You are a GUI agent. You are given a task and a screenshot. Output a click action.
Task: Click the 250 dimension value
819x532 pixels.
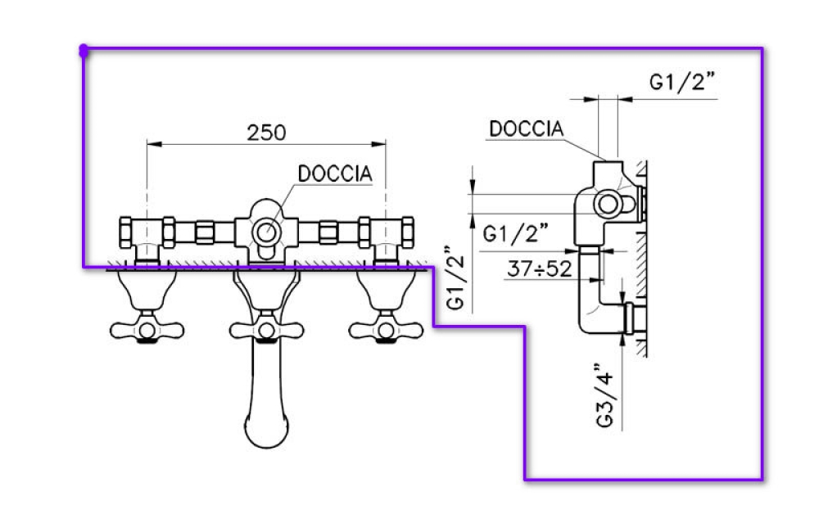coord(266,133)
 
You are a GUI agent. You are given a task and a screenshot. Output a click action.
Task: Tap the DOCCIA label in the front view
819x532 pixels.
coord(335,174)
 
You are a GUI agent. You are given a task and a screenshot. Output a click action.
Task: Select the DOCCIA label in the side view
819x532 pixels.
coord(527,128)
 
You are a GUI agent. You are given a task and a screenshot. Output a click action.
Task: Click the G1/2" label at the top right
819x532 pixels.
coord(681,82)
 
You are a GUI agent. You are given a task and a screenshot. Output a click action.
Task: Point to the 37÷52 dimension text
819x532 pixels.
coord(540,269)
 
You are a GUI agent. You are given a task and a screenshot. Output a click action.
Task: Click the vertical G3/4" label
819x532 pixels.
coord(605,395)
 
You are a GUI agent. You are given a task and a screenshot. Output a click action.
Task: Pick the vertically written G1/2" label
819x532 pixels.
coord(455,277)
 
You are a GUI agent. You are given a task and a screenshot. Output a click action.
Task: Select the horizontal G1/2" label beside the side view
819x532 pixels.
coord(515,232)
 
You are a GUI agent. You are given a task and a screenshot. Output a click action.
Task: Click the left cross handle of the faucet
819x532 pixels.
coord(147,330)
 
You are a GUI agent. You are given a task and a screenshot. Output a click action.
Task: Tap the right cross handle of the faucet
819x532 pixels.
coord(386,330)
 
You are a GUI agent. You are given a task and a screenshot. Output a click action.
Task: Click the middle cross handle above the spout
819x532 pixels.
coord(266,330)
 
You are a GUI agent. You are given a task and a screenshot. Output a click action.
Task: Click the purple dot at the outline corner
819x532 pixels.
coord(84,51)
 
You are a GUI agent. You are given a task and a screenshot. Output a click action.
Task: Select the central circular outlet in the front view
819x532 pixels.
coord(266,232)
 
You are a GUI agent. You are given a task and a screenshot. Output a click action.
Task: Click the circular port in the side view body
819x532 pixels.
coord(608,204)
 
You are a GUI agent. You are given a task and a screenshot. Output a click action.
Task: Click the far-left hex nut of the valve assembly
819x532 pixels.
coord(125,232)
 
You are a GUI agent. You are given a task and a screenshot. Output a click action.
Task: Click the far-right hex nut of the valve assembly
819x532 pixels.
coord(407,232)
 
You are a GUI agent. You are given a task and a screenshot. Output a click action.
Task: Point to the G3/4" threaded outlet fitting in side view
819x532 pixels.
coord(634,318)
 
